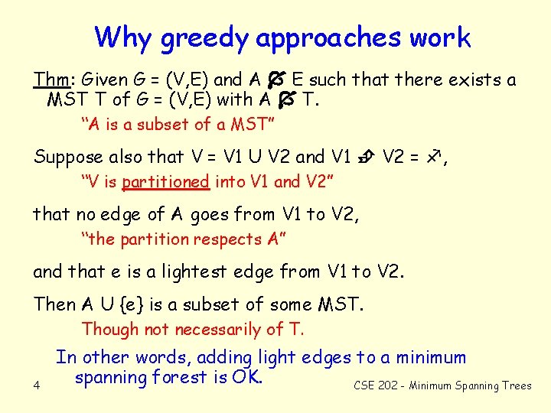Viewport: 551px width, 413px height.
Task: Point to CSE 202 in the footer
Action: pos(376,385)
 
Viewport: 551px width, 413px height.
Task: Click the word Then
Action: pos(54,304)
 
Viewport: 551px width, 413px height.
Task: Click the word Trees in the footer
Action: pos(517,385)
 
